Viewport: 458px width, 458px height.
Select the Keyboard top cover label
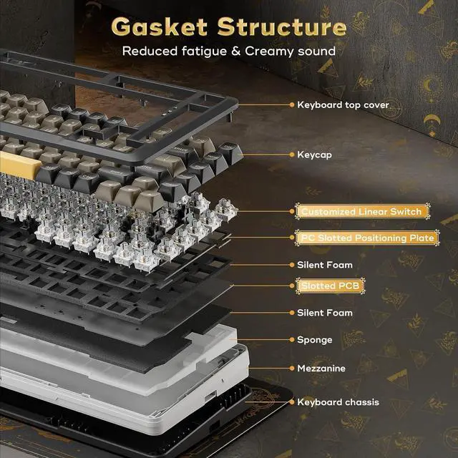point(343,104)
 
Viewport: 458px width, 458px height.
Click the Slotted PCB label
point(322,286)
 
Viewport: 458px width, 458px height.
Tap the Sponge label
point(315,340)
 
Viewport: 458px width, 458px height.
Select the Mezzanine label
point(321,368)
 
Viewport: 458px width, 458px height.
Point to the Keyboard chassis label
point(338,402)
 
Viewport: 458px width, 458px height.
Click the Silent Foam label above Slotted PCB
point(325,265)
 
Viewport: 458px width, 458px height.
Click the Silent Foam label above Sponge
point(325,313)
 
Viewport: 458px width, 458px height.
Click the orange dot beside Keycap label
point(292,154)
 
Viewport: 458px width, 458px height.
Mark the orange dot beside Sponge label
point(292,340)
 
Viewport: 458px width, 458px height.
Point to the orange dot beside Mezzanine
point(292,368)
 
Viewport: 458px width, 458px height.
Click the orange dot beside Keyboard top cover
point(292,104)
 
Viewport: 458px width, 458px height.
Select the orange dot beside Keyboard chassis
point(292,402)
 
